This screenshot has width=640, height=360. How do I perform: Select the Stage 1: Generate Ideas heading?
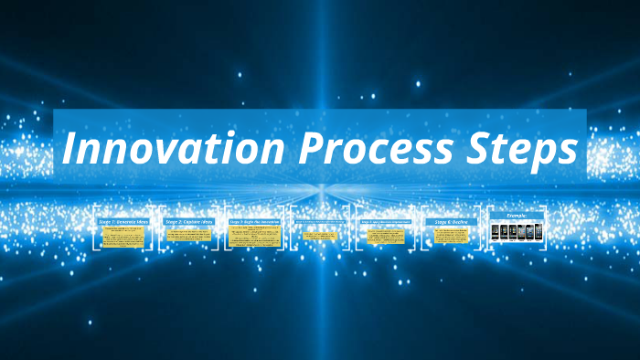[x=123, y=221]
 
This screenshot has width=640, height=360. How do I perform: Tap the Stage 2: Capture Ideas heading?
[x=189, y=221]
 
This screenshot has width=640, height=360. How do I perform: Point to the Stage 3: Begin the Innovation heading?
[x=255, y=221]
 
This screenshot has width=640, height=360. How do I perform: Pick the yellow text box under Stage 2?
[x=189, y=237]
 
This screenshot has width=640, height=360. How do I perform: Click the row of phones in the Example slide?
[x=517, y=233]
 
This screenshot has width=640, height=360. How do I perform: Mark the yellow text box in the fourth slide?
[x=321, y=237]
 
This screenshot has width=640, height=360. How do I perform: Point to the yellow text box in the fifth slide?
[x=386, y=237]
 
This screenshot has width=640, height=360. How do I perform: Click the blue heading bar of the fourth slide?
[x=321, y=221]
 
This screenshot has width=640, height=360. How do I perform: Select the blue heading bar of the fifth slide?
[x=386, y=221]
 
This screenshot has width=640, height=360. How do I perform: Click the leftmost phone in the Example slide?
[x=496, y=233]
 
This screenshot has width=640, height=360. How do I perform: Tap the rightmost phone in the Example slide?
[x=538, y=233]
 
